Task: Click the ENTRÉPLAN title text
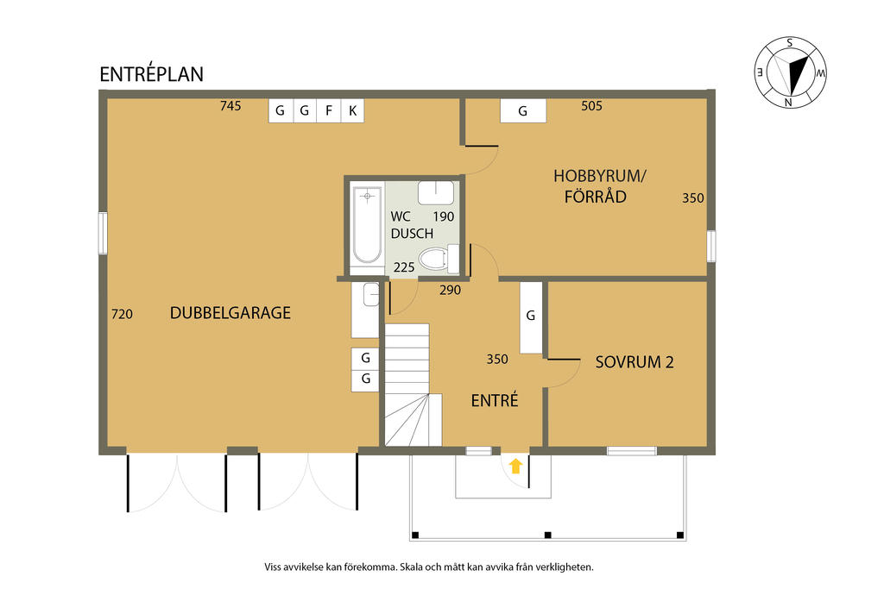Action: tap(151, 74)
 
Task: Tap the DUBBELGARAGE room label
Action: tap(230, 313)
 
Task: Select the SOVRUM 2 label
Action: tap(635, 362)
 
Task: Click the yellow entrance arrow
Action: tap(516, 466)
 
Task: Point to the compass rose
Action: tap(791, 72)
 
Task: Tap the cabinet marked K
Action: tap(352, 110)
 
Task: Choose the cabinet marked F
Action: tap(329, 110)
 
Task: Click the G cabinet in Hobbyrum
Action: tap(523, 110)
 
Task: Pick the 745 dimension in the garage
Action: tap(230, 106)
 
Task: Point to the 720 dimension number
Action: tap(123, 314)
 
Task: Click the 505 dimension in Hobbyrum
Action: tap(592, 106)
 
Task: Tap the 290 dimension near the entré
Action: tap(451, 290)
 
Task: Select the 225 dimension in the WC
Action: tap(404, 267)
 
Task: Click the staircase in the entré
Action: tap(414, 385)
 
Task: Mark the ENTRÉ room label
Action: tap(495, 400)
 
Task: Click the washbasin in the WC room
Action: tap(436, 192)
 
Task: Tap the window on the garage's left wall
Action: tap(103, 233)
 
